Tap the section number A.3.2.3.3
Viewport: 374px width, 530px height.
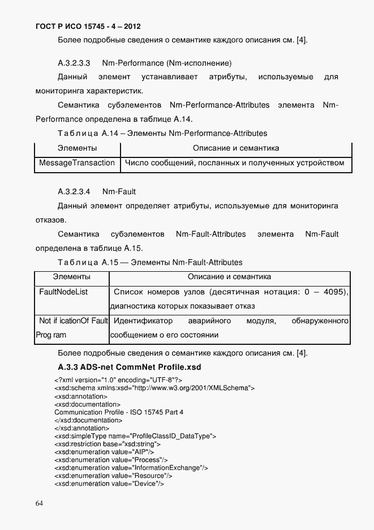75,62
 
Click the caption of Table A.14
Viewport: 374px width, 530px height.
162,134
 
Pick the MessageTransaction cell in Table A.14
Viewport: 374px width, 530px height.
77,163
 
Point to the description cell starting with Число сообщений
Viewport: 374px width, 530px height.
234,163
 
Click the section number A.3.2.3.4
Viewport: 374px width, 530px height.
75,191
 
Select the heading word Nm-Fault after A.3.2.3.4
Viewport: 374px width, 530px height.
119,191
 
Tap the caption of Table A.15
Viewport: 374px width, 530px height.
150,263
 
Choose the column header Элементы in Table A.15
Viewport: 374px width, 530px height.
71,277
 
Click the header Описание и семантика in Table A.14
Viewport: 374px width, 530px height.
236,148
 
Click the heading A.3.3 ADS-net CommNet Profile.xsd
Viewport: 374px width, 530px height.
130,367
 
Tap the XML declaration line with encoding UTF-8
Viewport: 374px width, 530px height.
118,380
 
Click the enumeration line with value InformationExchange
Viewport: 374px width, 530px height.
131,468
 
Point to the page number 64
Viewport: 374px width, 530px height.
39,503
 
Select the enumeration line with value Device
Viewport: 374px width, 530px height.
109,484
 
